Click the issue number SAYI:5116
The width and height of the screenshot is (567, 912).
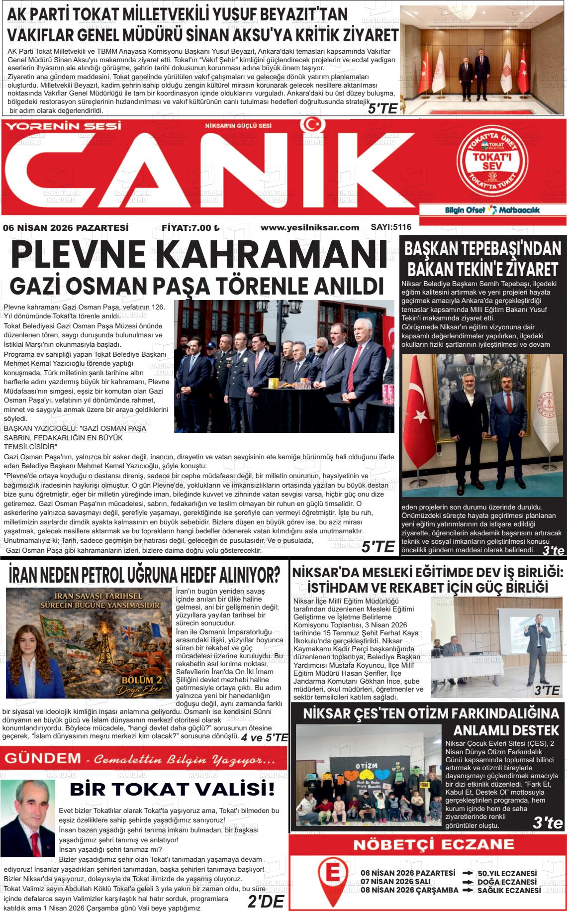pyautogui.click(x=391, y=227)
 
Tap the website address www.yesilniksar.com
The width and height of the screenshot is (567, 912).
pyautogui.click(x=309, y=227)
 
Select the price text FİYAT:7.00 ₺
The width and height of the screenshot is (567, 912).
pyautogui.click(x=190, y=228)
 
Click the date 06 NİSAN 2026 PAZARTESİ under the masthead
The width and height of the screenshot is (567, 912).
pyautogui.click(x=66, y=228)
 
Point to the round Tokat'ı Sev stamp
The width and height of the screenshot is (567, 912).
pyautogui.click(x=493, y=159)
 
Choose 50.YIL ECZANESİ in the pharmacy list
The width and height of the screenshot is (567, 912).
pyautogui.click(x=507, y=873)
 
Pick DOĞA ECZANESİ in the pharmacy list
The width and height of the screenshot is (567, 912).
pyautogui.click(x=507, y=882)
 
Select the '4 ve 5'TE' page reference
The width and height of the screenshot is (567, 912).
pyautogui.click(x=264, y=737)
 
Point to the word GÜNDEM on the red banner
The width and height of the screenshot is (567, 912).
pyautogui.click(x=42, y=758)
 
